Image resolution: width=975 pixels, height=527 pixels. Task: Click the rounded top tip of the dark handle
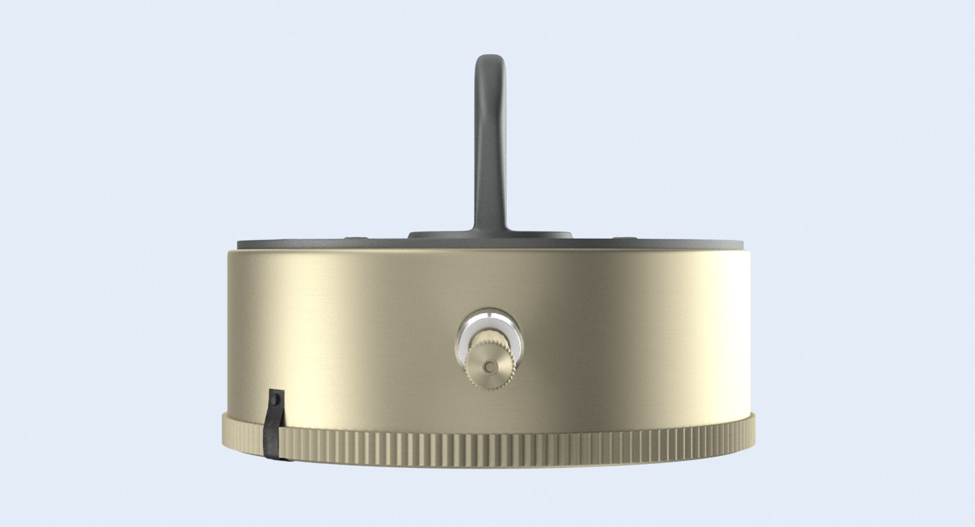490,59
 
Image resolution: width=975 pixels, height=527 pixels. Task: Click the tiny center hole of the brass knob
489,366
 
